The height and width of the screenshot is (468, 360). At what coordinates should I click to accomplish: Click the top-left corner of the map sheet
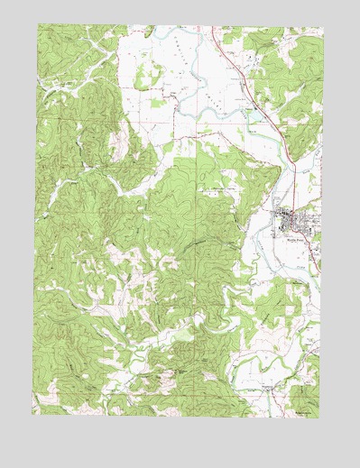(39, 24)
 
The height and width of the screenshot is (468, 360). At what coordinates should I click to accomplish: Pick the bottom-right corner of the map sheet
(321, 416)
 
